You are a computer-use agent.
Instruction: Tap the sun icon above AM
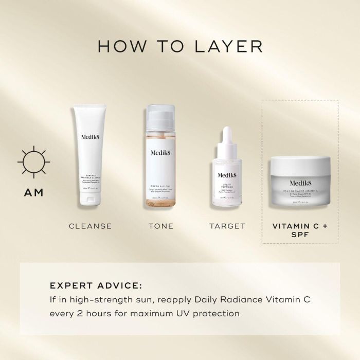[33, 161]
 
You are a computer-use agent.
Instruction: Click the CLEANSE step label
[90, 226]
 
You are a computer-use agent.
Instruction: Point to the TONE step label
[160, 226]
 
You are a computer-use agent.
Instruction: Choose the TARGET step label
[227, 226]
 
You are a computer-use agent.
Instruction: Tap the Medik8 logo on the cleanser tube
[91, 138]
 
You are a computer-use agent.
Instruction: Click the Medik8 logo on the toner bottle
[161, 152]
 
